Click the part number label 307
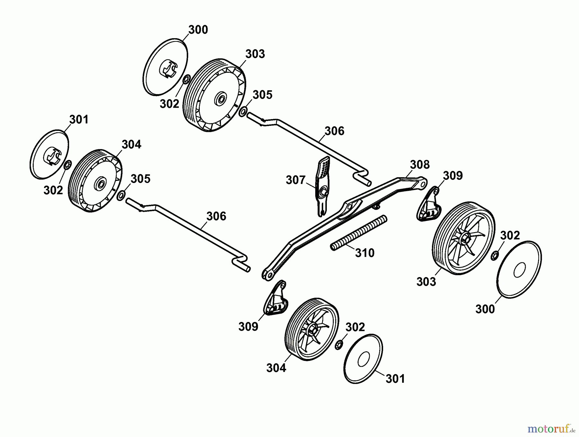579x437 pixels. click(x=295, y=180)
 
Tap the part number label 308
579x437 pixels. click(x=420, y=165)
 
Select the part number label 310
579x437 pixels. click(x=365, y=253)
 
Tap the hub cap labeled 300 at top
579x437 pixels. click(x=165, y=67)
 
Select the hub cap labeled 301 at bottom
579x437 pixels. click(x=363, y=358)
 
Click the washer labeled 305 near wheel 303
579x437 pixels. click(x=243, y=111)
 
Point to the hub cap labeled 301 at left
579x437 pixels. click(x=50, y=154)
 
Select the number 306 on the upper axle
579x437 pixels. click(x=335, y=131)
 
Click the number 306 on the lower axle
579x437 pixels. click(x=216, y=216)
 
